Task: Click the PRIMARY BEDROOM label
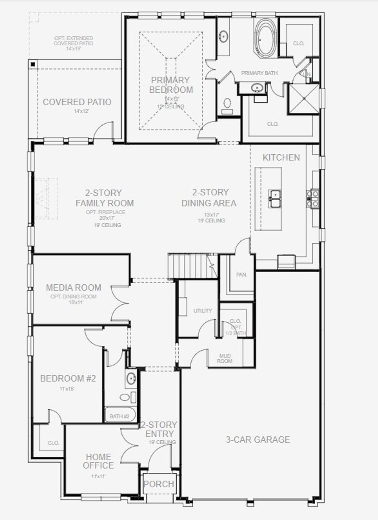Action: point(171,85)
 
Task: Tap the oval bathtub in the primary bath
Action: point(265,38)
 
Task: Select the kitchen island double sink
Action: point(275,199)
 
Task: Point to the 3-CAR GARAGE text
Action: point(258,439)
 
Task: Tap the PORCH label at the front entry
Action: point(159,484)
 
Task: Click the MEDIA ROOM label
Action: point(74,288)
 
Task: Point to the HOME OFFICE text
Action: point(98,461)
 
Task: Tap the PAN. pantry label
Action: point(241,275)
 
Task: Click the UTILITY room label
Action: point(203,311)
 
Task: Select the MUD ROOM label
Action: point(225,358)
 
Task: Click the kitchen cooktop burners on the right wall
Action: point(312,199)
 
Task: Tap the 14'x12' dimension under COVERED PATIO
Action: point(82,111)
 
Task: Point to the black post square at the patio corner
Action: point(33,64)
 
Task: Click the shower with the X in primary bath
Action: point(304,99)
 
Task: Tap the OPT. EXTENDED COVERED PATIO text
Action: point(74,43)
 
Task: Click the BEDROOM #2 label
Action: point(68,378)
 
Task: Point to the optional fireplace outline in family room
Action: point(46,199)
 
